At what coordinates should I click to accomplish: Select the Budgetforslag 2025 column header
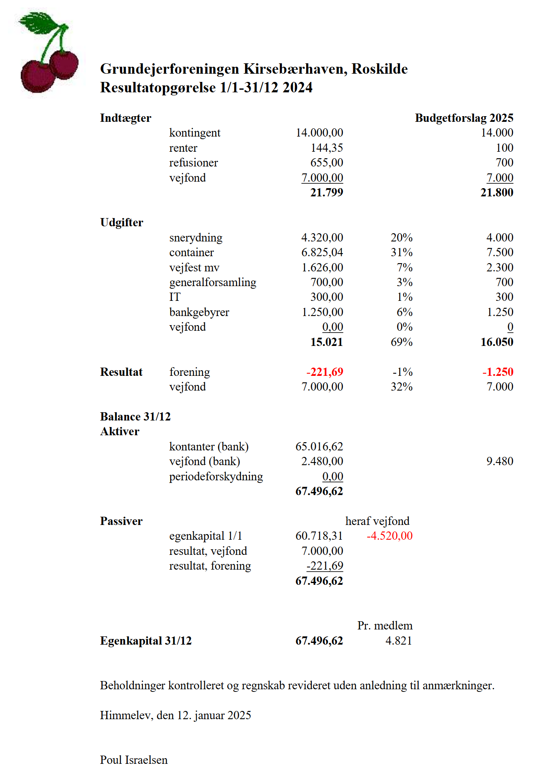point(464,118)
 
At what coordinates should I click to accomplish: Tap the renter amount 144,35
point(326,148)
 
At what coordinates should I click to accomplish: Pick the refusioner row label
point(193,163)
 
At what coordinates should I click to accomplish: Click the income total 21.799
point(326,192)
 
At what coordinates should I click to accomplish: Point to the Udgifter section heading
point(122,222)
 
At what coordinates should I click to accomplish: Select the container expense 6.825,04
point(322,252)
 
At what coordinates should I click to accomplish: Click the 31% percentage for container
point(401,252)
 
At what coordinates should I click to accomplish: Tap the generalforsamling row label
point(213,282)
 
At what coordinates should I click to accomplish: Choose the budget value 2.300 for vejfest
point(500,267)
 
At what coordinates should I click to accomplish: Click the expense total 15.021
point(326,342)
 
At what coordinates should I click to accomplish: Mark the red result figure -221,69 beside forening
point(325,372)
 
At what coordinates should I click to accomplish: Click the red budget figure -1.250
point(498,372)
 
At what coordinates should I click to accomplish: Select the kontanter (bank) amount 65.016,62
point(319,447)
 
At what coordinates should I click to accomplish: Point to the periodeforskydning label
point(216,476)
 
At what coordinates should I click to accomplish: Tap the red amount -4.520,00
point(390,536)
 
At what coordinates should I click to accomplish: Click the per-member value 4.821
point(399,641)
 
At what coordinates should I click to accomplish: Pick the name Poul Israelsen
point(134,760)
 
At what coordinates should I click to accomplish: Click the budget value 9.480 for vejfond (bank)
point(500,461)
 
